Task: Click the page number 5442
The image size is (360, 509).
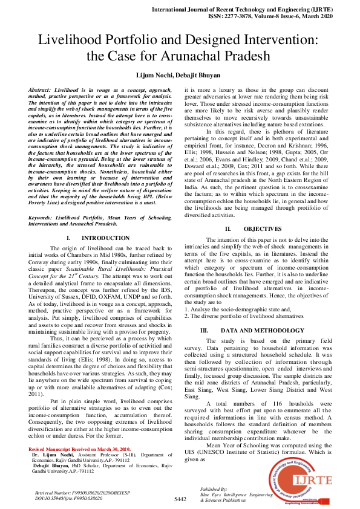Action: (x=180, y=499)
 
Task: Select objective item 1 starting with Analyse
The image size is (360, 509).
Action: (x=228, y=309)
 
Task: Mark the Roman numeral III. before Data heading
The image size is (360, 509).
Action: (x=204, y=331)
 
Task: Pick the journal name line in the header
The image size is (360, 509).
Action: (x=258, y=10)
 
